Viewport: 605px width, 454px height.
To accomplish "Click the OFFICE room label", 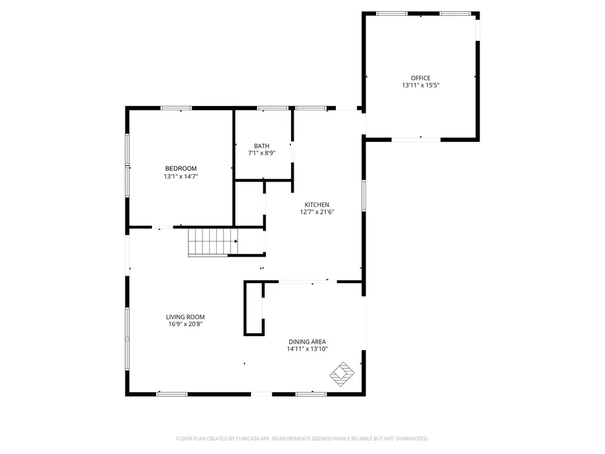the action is pyautogui.click(x=420, y=78).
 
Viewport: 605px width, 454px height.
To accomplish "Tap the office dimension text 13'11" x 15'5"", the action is pyautogui.click(x=420, y=85).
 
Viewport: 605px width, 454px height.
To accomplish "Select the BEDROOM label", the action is pyautogui.click(x=181, y=169).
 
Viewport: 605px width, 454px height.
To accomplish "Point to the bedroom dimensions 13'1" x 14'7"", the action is pyautogui.click(x=181, y=177).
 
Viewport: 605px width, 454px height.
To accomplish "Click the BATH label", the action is pyautogui.click(x=262, y=146).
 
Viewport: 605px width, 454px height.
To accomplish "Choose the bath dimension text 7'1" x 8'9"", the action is pyautogui.click(x=262, y=153).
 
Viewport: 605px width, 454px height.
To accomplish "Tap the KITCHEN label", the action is pyautogui.click(x=317, y=204).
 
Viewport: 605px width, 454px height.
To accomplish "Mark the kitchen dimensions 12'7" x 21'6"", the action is pyautogui.click(x=317, y=212).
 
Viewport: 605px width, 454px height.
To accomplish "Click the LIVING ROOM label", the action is pyautogui.click(x=185, y=317).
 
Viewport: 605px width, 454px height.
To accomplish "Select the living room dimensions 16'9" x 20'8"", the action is pyautogui.click(x=185, y=324).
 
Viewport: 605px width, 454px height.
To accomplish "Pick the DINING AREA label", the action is pyautogui.click(x=307, y=342).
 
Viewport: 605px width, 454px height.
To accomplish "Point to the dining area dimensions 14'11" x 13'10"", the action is pyautogui.click(x=307, y=349).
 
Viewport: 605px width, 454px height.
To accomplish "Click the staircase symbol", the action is pyautogui.click(x=213, y=242).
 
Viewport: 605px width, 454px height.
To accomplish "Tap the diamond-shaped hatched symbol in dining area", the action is pyautogui.click(x=342, y=374).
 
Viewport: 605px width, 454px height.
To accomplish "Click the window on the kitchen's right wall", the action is pyautogui.click(x=364, y=195).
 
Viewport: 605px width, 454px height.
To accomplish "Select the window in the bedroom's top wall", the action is pyautogui.click(x=176, y=108).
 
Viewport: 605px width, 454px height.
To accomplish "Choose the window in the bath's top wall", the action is pyautogui.click(x=273, y=108).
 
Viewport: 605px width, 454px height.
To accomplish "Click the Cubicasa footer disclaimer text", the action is pyautogui.click(x=302, y=439).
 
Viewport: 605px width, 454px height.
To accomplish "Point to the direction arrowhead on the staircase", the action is pyautogui.click(x=236, y=242).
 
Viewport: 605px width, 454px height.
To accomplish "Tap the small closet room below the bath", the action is pyautogui.click(x=250, y=204).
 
